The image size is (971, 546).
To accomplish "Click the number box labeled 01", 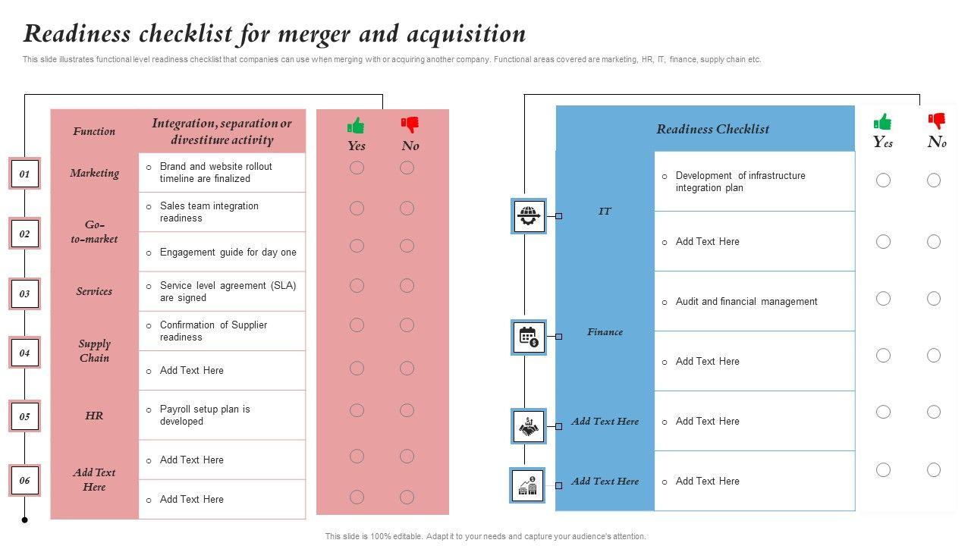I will [x=24, y=174].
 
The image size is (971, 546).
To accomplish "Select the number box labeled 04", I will [x=24, y=353].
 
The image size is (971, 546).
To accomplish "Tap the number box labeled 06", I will [x=24, y=480].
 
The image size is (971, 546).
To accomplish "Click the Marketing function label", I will [x=95, y=173].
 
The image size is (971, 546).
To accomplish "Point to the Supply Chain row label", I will [x=95, y=350].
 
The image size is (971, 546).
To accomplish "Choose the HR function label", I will [x=94, y=416].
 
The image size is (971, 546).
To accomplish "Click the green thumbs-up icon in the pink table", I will [x=356, y=125].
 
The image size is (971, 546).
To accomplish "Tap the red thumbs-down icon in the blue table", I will [x=938, y=121].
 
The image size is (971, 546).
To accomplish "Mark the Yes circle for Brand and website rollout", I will [x=357, y=168].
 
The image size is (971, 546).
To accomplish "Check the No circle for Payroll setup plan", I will [x=407, y=410].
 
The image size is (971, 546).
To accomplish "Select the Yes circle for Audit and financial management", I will [x=883, y=299].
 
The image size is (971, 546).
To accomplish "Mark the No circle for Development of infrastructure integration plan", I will [x=934, y=180].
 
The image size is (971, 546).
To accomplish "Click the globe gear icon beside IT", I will [x=528, y=215].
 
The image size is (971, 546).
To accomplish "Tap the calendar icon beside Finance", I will [x=528, y=337].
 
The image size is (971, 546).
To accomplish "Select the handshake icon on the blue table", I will [x=528, y=426].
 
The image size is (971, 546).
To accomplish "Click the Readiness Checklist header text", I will [x=712, y=129].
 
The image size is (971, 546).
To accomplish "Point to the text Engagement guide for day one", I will [x=228, y=253].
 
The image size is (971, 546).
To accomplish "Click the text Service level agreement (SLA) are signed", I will [x=228, y=291].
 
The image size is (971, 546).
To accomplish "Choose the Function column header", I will [x=94, y=131].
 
